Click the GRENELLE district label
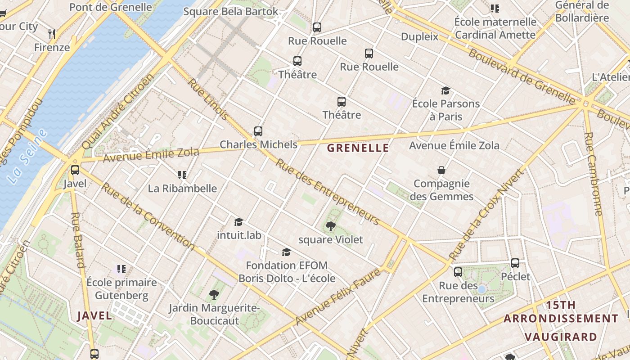358,148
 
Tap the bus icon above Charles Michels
258,131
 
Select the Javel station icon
75,170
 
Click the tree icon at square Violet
331,226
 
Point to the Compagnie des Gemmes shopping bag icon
441,170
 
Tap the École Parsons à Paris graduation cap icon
445,90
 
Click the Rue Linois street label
207,99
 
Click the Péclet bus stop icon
515,263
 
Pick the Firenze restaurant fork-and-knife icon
52,34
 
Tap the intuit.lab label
239,235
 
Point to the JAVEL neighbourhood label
94,315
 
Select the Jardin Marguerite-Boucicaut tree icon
214,295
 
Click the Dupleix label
419,37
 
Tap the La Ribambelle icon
182,175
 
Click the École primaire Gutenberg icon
121,269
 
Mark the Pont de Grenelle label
111,7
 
